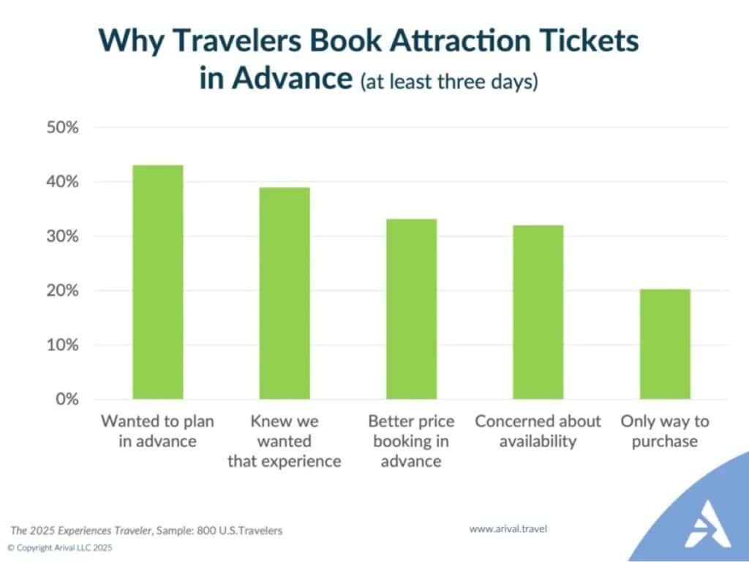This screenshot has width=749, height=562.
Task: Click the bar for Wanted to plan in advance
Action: (157, 282)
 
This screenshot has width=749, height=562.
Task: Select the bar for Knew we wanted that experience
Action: (285, 293)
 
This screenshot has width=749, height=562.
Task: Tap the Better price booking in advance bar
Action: (411, 309)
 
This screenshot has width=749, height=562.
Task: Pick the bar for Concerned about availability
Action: (538, 312)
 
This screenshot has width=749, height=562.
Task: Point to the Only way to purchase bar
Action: (665, 344)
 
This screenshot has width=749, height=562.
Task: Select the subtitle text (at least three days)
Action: (448, 80)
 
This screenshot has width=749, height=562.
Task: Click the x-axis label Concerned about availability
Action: (538, 431)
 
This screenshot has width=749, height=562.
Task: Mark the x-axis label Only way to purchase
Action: (665, 431)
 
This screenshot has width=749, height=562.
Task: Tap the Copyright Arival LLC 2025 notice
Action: (60, 547)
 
